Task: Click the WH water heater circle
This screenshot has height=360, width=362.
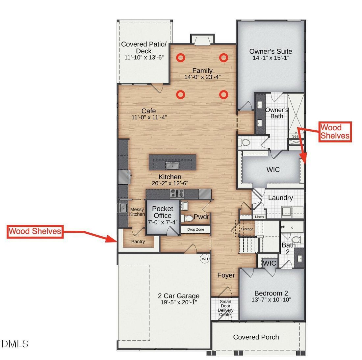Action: click(205, 259)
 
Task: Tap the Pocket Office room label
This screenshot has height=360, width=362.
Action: click(163, 212)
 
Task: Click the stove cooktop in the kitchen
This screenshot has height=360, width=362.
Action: click(177, 193)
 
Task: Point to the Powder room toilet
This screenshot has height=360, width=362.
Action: click(188, 218)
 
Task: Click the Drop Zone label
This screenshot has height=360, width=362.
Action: click(195, 230)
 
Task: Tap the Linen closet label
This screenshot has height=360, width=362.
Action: click(259, 217)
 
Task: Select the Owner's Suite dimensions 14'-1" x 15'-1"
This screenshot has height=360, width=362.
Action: click(271, 58)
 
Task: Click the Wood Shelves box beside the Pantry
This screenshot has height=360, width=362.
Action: click(35, 231)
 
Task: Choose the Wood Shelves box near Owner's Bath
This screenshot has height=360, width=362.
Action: click(335, 132)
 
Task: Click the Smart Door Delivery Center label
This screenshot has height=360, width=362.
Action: click(225, 308)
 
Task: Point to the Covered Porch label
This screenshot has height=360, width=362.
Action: click(256, 337)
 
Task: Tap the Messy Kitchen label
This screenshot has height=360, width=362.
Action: click(137, 212)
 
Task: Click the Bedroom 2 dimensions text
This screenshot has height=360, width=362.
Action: click(271, 300)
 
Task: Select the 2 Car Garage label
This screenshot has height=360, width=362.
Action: click(179, 296)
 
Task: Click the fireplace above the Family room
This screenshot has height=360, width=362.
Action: click(202, 39)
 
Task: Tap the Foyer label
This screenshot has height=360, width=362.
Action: click(226, 275)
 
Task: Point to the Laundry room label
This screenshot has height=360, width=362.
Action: click(280, 198)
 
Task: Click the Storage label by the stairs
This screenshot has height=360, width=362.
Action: click(247, 229)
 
